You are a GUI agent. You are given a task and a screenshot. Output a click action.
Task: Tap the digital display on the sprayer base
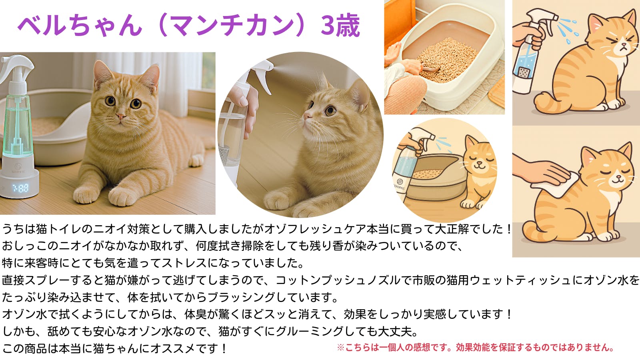click(20, 188)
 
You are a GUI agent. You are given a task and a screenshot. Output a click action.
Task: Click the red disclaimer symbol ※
click(340, 348)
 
